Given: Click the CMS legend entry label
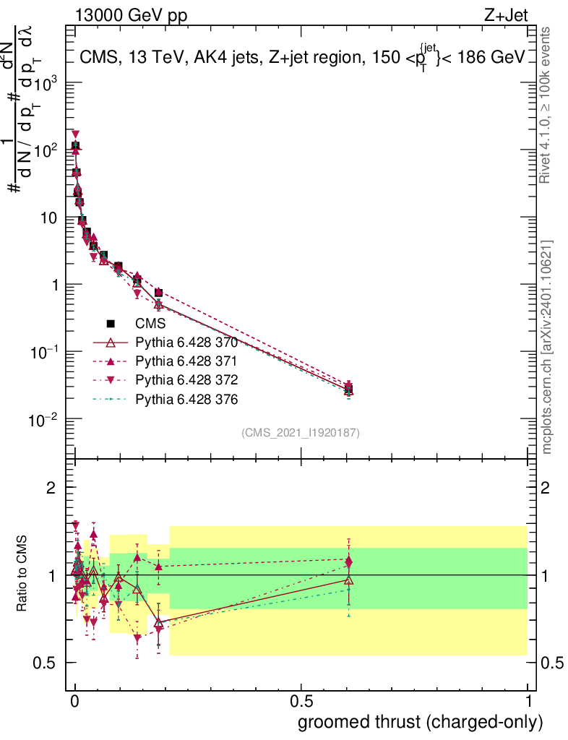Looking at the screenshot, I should tap(151, 323).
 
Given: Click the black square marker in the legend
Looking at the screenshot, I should tap(111, 323).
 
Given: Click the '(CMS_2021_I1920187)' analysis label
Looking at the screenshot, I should tap(301, 432).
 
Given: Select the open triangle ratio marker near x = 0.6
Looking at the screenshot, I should tap(349, 580).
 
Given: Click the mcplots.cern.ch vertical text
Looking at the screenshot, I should tap(547, 347).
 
